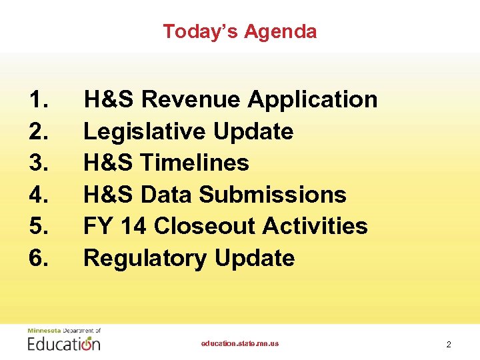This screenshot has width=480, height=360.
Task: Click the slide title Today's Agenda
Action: tap(240, 31)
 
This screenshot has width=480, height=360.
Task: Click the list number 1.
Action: tap(38, 100)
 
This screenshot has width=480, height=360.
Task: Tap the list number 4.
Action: tap(39, 195)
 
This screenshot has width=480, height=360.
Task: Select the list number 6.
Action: tap(39, 258)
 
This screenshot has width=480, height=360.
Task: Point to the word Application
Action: tap(313, 100)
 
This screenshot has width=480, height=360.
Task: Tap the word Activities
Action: tap(315, 226)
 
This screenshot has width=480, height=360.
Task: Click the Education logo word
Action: tap(64, 344)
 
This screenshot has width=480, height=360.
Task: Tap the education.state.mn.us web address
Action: tap(240, 343)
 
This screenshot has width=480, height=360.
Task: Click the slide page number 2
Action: tap(449, 345)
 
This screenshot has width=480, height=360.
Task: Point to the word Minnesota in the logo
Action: tap(43, 330)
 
